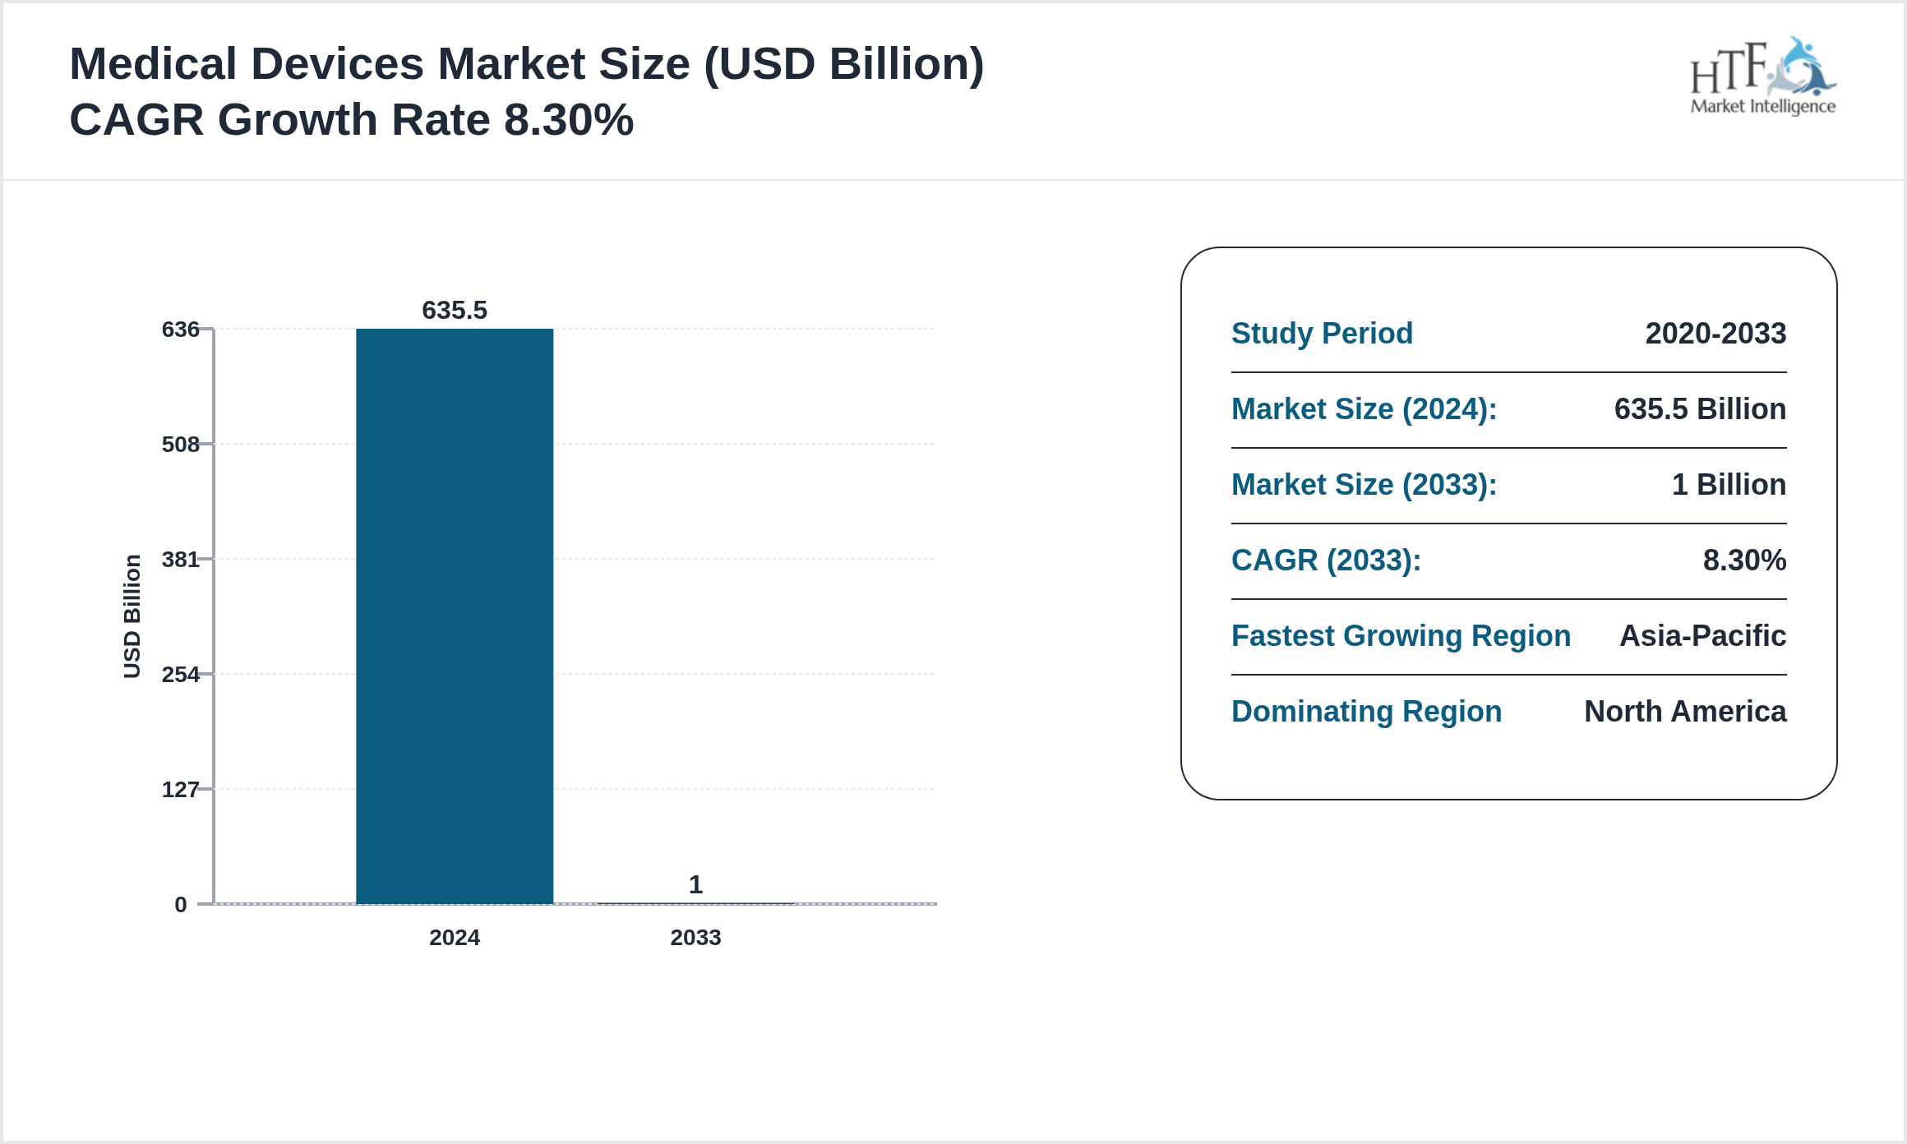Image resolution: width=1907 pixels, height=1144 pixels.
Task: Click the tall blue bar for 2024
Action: pos(454,616)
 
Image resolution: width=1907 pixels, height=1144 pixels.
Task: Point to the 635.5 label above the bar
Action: pos(454,310)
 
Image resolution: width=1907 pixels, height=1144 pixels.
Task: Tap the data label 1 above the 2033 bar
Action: pos(695,884)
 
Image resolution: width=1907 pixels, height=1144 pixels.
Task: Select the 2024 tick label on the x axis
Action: pos(454,938)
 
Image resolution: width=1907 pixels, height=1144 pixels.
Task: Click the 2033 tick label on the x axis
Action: pos(695,938)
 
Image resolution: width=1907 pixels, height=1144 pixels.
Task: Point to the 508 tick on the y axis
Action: pos(181,445)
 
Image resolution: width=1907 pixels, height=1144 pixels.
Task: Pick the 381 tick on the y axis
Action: pos(181,560)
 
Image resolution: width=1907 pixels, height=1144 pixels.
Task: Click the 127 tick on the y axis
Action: pos(181,790)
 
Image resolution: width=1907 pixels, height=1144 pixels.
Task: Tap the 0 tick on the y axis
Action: pos(181,905)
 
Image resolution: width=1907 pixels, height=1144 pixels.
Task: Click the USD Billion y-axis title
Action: pos(132,616)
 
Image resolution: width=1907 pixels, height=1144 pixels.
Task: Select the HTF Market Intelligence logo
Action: pos(1762,77)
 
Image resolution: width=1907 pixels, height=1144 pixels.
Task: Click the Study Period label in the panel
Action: pos(1322,334)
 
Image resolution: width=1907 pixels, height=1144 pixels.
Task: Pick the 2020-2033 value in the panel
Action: pos(1715,334)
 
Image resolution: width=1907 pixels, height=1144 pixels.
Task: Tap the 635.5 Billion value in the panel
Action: pos(1700,409)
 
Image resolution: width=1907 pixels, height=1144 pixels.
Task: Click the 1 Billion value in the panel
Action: pos(1729,485)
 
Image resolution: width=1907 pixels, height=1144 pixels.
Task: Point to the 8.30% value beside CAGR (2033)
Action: pos(1744,560)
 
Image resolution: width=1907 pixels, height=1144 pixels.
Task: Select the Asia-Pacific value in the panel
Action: pos(1702,636)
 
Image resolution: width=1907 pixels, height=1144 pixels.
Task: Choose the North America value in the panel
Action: pos(1685,712)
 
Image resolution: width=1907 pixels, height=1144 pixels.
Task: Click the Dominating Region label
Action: pos(1366,712)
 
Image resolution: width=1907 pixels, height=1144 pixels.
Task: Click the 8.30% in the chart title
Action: pos(569,120)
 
